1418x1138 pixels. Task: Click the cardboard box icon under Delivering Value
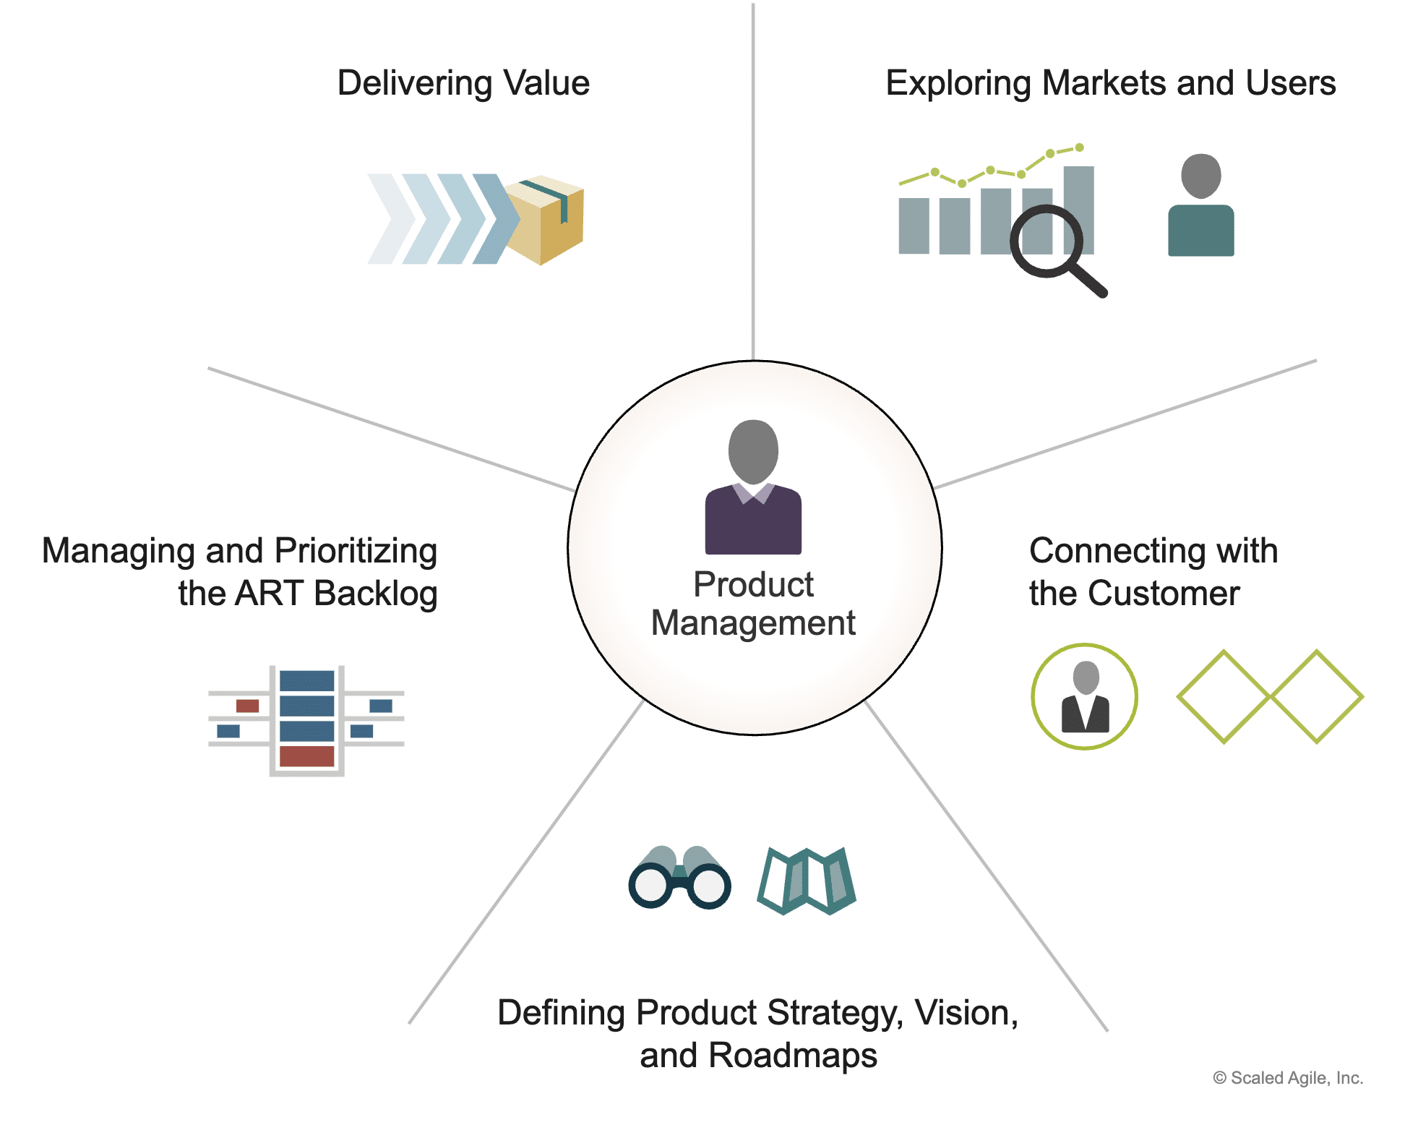click(x=544, y=220)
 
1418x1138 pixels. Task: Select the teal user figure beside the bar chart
click(x=1200, y=205)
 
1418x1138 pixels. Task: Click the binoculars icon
click(x=679, y=877)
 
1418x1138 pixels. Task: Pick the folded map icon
click(x=806, y=881)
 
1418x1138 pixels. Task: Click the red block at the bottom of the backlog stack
click(x=306, y=756)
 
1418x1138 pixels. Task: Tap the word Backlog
click(x=376, y=594)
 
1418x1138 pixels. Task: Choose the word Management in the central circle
click(x=753, y=623)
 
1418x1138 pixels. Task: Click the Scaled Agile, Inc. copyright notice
click(x=1288, y=1078)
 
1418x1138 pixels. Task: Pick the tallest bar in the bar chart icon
click(x=1079, y=210)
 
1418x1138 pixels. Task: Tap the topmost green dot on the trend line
click(x=1079, y=147)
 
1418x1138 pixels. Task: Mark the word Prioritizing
click(x=356, y=552)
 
